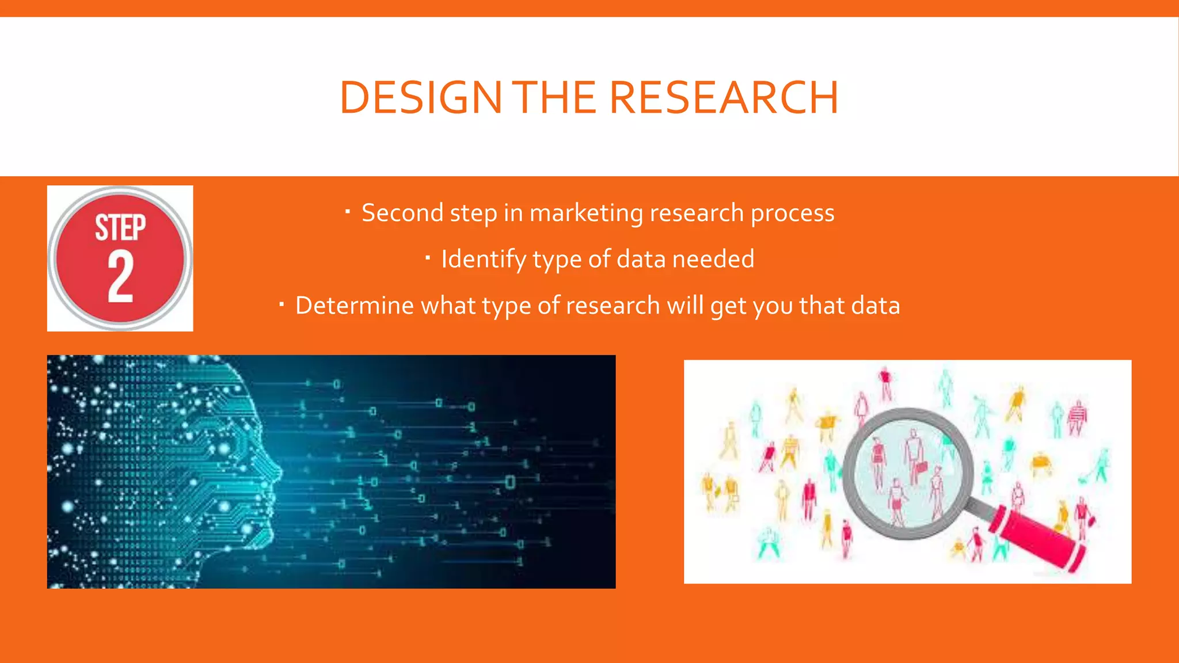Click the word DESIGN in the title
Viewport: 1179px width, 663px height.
click(x=421, y=97)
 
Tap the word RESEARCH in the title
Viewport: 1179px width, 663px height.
click(x=724, y=97)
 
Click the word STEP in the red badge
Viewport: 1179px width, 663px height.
click(x=120, y=227)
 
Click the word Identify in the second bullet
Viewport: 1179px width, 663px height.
click(x=483, y=260)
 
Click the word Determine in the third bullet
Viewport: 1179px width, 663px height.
click(x=354, y=306)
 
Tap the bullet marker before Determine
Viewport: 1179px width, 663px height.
click(x=282, y=304)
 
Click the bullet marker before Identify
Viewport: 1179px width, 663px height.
click(x=428, y=258)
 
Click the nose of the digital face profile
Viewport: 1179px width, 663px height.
click(x=279, y=473)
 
